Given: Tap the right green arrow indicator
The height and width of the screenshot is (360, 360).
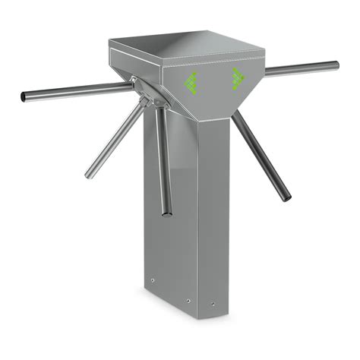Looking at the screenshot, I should click(x=238, y=77).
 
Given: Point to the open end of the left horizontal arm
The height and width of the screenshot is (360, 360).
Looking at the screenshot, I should click(x=24, y=96).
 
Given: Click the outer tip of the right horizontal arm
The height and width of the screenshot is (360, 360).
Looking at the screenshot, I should click(x=336, y=66).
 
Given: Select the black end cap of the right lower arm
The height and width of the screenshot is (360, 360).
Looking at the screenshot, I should click(x=287, y=198).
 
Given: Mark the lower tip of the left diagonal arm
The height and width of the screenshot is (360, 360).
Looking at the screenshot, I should click(x=89, y=175).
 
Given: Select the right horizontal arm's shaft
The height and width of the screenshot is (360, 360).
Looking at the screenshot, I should click(x=300, y=70).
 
